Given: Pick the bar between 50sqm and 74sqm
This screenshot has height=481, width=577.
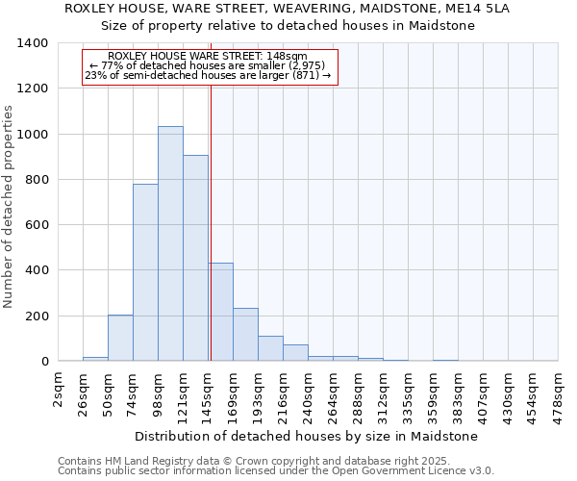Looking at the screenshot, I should [120, 338].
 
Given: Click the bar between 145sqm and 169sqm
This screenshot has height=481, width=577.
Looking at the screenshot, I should [221, 312].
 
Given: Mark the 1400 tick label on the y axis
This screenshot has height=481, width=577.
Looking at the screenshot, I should [33, 43].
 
